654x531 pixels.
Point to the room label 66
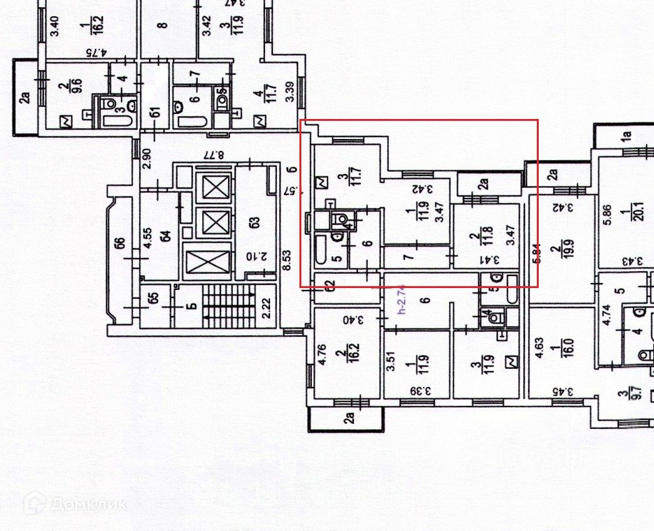click(x=120, y=243)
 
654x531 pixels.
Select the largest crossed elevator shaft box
click(x=209, y=262)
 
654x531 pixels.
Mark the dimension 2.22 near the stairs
click(x=266, y=307)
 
